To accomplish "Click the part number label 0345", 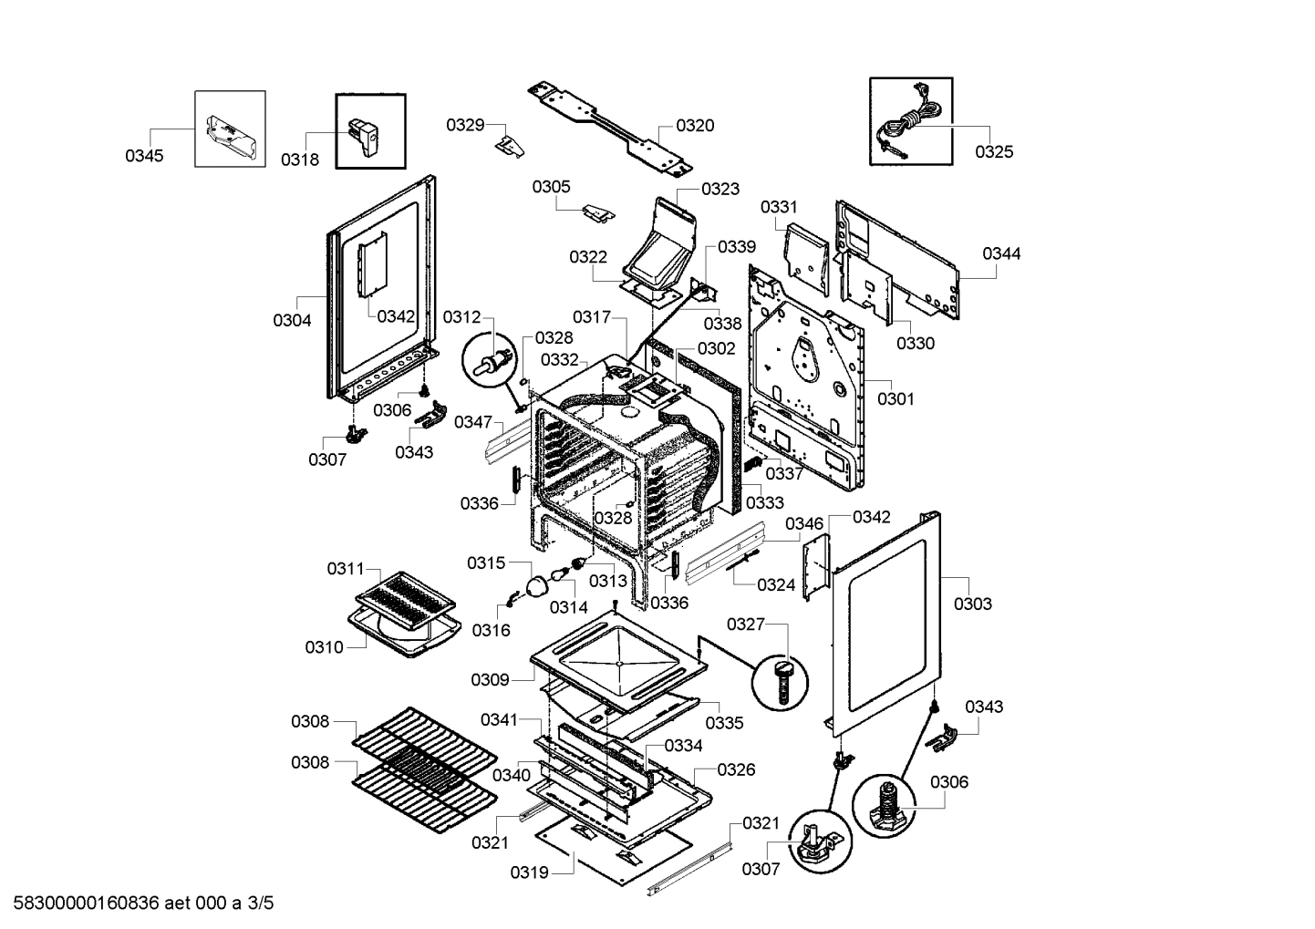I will click(x=144, y=156).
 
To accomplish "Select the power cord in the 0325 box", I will click(x=909, y=125).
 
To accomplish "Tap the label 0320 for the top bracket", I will click(x=695, y=126).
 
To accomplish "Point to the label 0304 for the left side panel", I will click(x=292, y=320).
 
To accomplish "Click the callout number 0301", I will click(x=896, y=398).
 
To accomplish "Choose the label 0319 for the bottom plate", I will click(x=529, y=872).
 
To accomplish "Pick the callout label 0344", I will click(x=1001, y=253).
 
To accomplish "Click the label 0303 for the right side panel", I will click(x=973, y=604).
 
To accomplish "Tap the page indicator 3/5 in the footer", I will click(x=260, y=904).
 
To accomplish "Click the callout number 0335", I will click(x=725, y=723).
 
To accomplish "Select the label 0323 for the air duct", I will click(x=720, y=189).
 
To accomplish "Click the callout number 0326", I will click(x=736, y=769).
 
